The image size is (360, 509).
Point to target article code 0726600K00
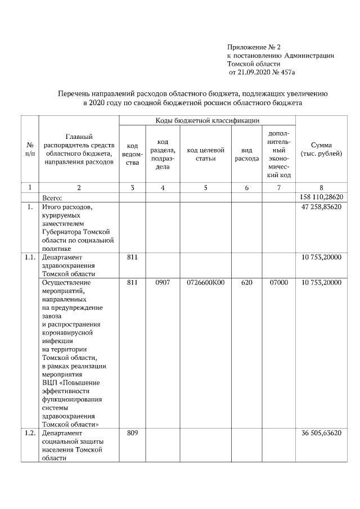205,282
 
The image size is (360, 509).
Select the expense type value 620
246,282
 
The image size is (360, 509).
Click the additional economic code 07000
278,282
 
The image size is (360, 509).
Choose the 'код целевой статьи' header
205,154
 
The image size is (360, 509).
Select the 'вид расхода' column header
246,154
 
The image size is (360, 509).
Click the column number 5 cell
205,188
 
